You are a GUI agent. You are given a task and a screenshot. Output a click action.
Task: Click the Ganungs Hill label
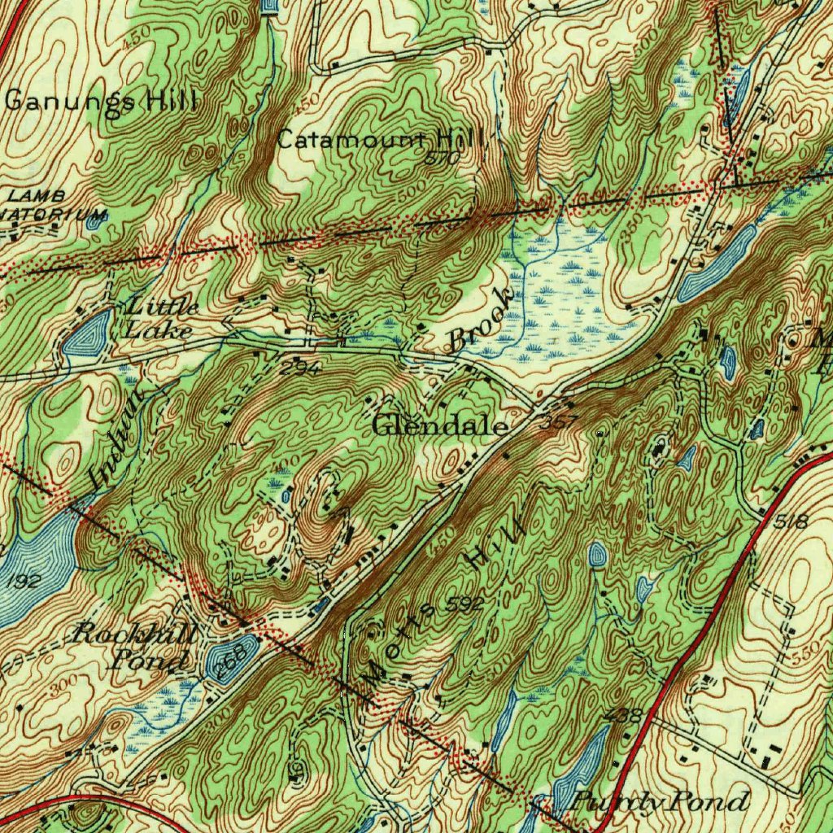tap(102, 102)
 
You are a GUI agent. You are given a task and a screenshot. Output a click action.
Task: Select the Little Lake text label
tap(160, 319)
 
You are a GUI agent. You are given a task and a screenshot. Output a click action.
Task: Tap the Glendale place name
tap(441, 425)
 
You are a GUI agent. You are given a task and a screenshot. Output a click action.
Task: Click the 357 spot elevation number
tap(558, 421)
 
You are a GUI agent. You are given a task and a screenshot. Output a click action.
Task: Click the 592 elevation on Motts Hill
tap(464, 604)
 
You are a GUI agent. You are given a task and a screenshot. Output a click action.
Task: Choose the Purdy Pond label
tap(659, 802)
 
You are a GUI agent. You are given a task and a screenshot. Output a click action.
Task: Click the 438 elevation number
tap(624, 716)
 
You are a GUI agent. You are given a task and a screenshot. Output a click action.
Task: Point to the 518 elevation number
tap(790, 521)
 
